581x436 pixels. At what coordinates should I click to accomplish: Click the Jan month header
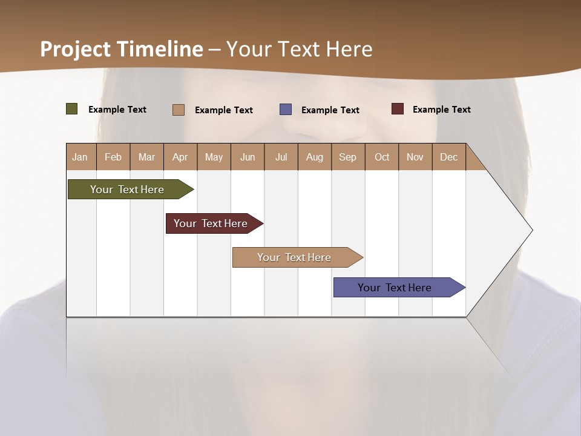(x=80, y=157)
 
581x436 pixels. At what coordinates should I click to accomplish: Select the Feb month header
(x=113, y=157)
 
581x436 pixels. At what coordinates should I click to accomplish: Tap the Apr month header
(x=180, y=157)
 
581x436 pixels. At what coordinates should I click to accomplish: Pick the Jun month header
(x=248, y=157)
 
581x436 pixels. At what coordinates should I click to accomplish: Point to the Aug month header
(x=314, y=157)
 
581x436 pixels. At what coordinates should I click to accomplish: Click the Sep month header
(x=347, y=157)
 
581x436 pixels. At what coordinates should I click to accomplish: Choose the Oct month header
(x=382, y=157)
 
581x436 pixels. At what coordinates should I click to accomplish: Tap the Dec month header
(x=448, y=157)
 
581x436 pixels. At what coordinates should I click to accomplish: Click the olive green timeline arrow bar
(x=128, y=190)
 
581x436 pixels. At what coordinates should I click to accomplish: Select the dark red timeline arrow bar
(x=211, y=223)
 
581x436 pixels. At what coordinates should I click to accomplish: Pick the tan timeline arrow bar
(x=295, y=257)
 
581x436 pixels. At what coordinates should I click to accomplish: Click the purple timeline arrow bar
(x=395, y=288)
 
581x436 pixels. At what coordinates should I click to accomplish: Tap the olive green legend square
(x=71, y=109)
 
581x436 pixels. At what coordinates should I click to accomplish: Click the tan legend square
(x=178, y=110)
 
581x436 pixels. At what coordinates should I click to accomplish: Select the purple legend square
(x=286, y=110)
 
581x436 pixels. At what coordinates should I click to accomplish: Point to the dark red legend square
(x=397, y=109)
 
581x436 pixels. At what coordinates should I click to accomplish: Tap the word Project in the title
(x=76, y=49)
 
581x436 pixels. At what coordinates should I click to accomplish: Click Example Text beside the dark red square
(x=441, y=109)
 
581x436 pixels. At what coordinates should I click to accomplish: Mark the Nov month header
(x=415, y=157)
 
